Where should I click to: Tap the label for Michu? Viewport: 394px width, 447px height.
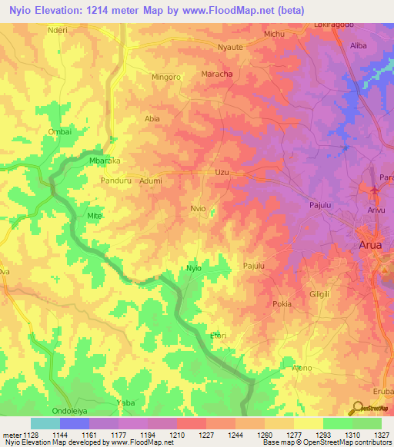[275, 35]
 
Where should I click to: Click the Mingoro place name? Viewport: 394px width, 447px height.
[165, 78]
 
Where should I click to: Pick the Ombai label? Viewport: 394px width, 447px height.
[59, 131]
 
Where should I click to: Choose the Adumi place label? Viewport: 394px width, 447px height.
[150, 180]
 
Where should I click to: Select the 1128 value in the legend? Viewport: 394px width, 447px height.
[24, 435]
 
